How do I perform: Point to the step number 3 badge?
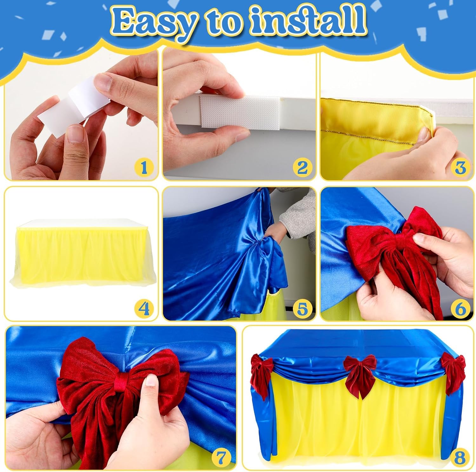(x=460, y=167)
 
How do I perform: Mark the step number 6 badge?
(x=460, y=308)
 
